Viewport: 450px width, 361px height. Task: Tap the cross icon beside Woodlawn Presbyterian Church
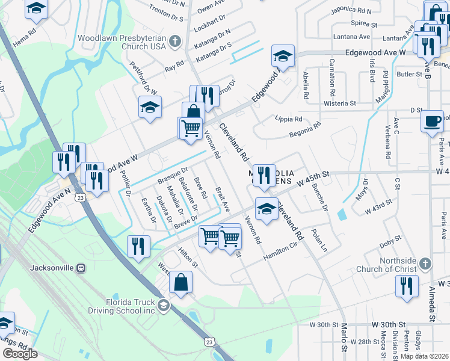tap(175, 42)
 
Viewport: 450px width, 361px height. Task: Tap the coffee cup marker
tap(431, 121)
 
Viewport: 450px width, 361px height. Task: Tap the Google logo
tap(20, 353)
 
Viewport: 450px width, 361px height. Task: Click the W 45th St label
tap(313, 177)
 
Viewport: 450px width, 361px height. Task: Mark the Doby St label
tap(390, 244)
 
